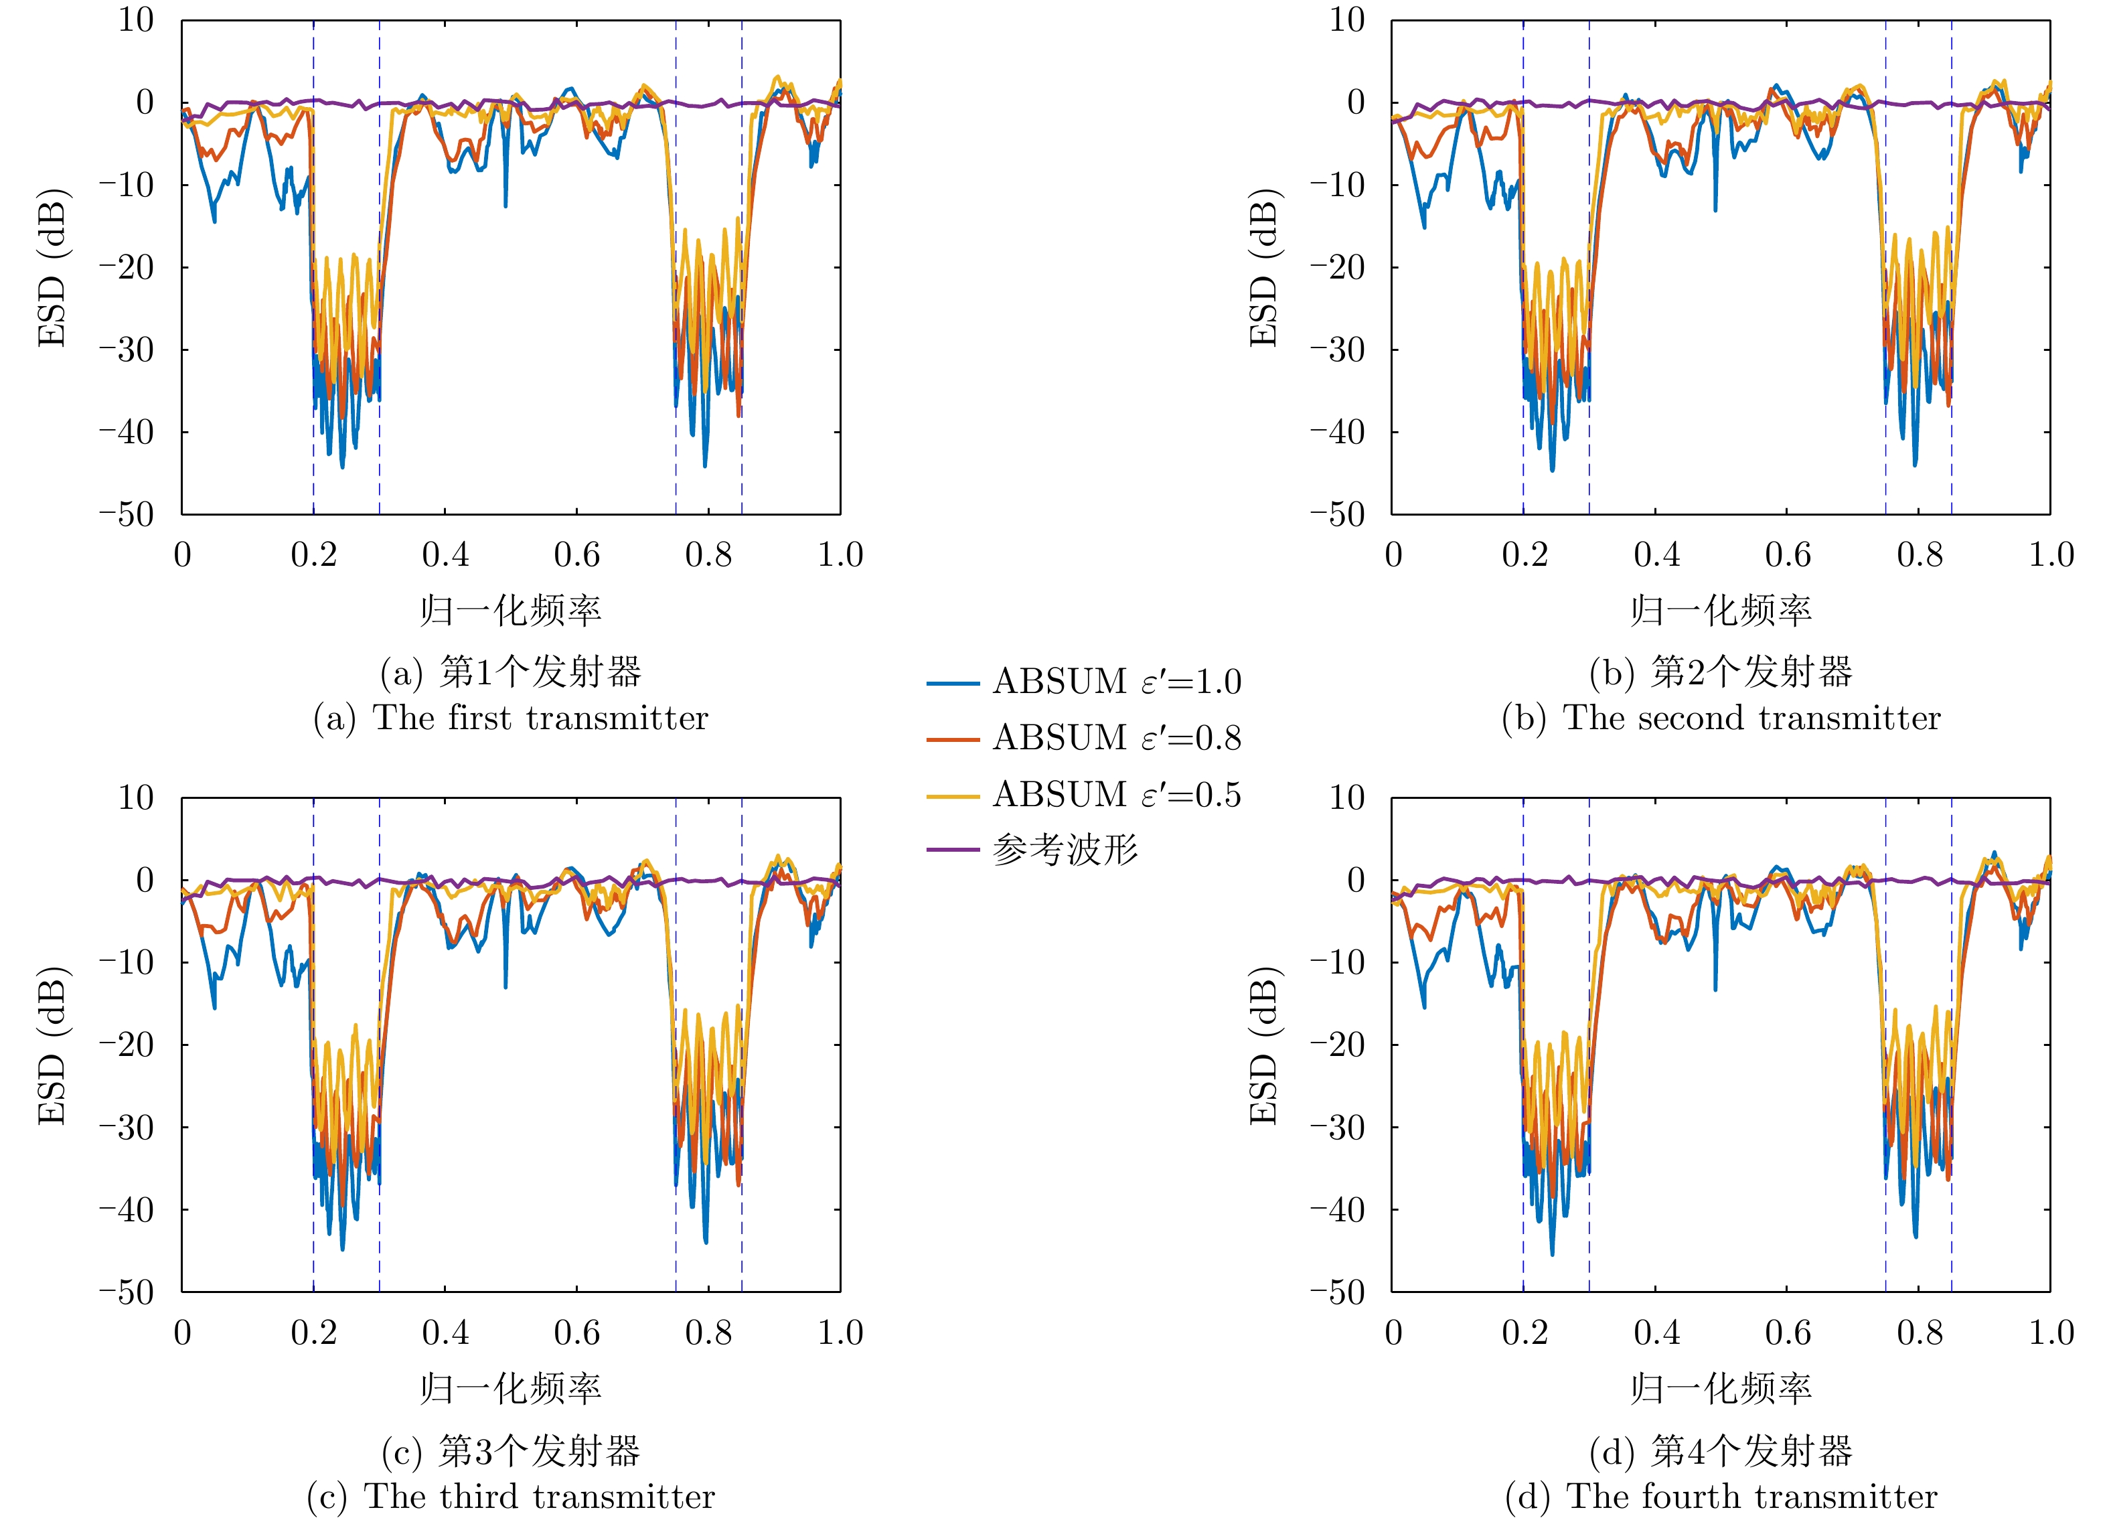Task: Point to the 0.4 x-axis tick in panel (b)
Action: (1656, 554)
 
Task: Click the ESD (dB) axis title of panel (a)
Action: (52, 268)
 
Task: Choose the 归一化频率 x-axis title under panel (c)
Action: (510, 1388)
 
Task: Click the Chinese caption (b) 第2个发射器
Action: (1721, 672)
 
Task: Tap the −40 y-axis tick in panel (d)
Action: (1338, 1209)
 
